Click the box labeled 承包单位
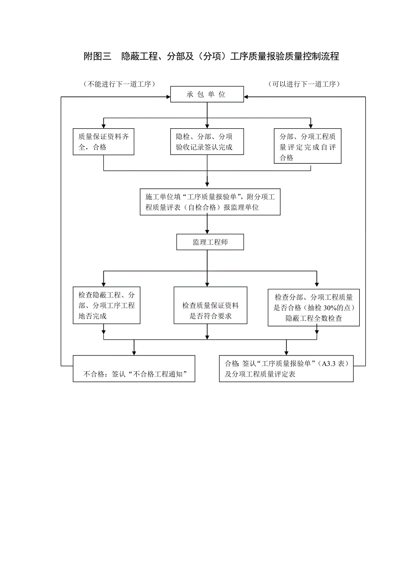click(x=207, y=95)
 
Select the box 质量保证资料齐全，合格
click(x=103, y=142)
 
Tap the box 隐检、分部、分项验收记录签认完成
click(x=207, y=142)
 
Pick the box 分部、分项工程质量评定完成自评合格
click(x=308, y=146)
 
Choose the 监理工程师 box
click(x=210, y=242)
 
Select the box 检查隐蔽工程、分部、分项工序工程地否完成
click(x=106, y=305)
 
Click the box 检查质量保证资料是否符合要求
click(x=210, y=306)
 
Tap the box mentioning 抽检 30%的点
click(x=314, y=307)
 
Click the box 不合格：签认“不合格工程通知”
click(x=134, y=369)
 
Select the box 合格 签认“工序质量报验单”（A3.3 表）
click(x=286, y=369)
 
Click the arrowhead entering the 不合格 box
click(x=134, y=352)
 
